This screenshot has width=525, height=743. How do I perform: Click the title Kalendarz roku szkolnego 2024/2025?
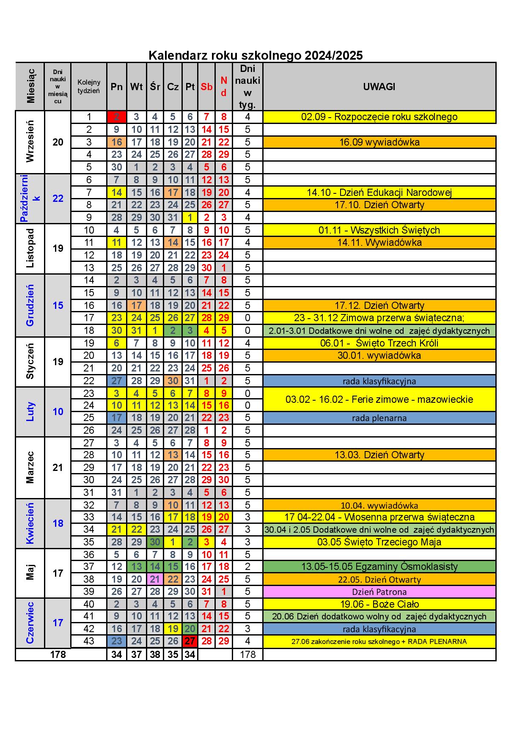pos(256,55)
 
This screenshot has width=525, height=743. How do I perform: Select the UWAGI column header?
pos(379,87)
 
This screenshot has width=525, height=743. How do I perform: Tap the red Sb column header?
pos(206,87)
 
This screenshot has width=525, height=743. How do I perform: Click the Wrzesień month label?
pos(30,142)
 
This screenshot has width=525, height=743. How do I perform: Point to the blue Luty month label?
pos(30,411)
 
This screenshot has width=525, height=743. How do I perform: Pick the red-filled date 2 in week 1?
pos(117,117)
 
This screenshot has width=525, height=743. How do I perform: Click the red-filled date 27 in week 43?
pos(190,641)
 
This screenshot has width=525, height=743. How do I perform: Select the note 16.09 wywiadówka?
pos(379,142)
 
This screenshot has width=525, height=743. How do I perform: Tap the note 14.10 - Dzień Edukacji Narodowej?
pos(379,193)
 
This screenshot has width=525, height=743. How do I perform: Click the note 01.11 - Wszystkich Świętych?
pos(379,230)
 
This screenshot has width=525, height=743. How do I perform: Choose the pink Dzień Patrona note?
pos(379,592)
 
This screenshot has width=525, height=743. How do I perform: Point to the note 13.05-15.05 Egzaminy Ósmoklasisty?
pos(379,567)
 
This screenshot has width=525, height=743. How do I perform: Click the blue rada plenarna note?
pos(379,418)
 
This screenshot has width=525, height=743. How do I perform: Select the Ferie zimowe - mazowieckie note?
pos(379,399)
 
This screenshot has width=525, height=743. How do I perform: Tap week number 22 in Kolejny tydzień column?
pos(89,380)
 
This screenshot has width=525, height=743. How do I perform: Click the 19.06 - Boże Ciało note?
pos(379,604)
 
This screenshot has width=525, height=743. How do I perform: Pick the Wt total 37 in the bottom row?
pos(136,655)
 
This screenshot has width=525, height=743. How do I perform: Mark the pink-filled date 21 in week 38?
pos(155,579)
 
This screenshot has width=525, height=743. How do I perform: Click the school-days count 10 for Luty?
pos(58,411)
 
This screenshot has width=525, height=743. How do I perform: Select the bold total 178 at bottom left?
pos(58,655)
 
